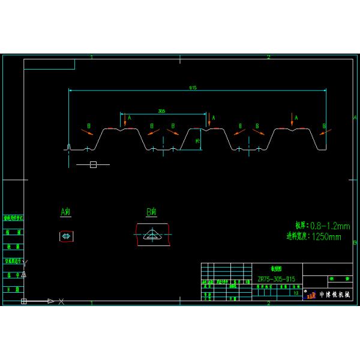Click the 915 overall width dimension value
tap(193, 88)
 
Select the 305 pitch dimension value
tap(161, 111)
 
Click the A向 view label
tap(66, 212)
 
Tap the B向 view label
tap(151, 212)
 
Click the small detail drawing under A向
tap(67, 236)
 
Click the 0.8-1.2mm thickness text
tap(329, 226)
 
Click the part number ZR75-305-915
tap(276, 279)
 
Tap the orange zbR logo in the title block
tap(311, 295)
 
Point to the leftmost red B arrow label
tap(89, 126)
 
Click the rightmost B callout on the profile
tap(324, 126)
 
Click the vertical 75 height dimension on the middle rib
tap(198, 142)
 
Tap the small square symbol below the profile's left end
tap(93, 164)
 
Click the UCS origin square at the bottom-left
tap(24, 301)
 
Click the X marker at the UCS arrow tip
tap(61, 301)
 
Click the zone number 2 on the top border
tap(268, 57)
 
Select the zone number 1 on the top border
tap(91, 57)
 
